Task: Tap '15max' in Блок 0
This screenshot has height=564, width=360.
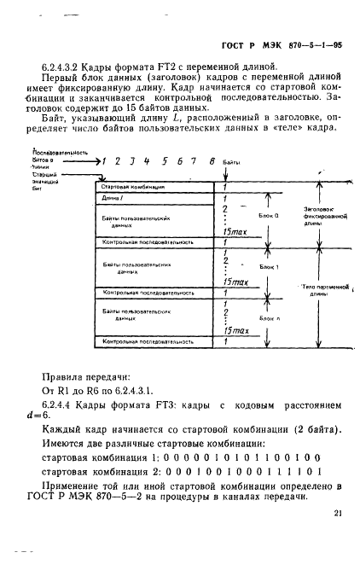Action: pos(234,231)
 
